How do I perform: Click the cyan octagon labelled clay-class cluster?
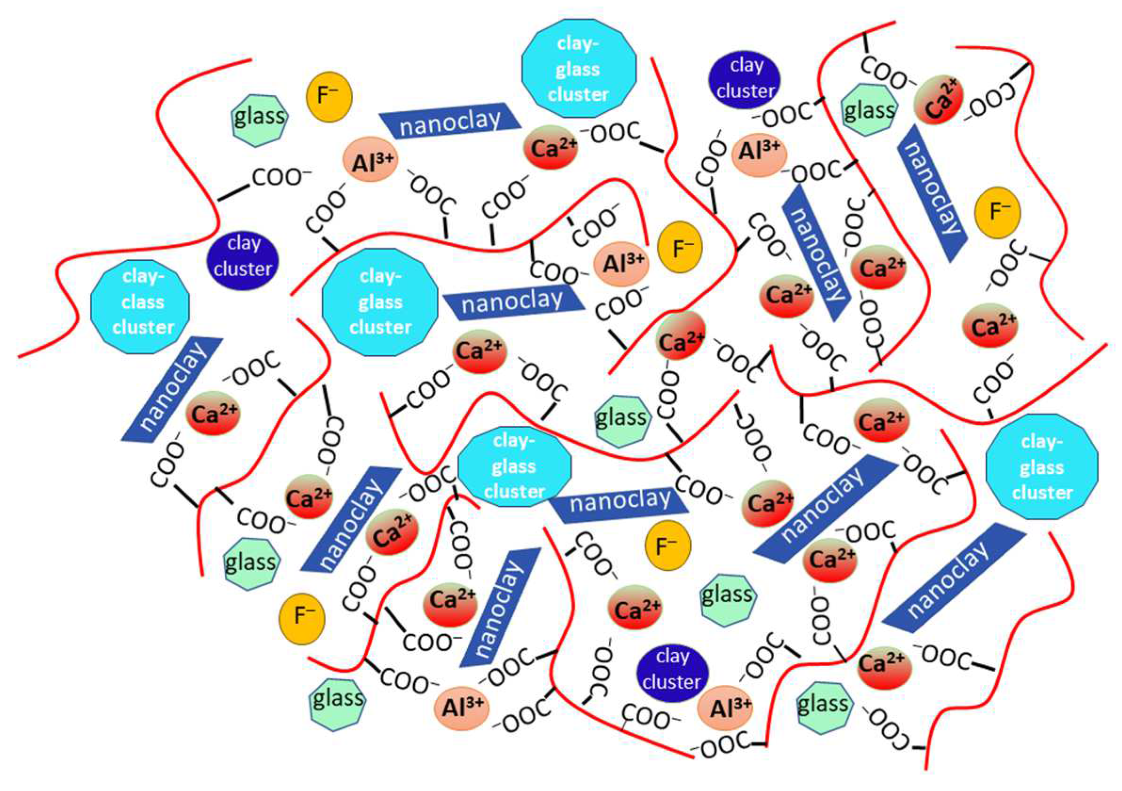(x=140, y=307)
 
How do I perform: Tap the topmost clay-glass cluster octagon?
(x=579, y=69)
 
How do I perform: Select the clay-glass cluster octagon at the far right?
(x=1042, y=467)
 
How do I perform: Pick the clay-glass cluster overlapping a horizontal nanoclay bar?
(x=514, y=467)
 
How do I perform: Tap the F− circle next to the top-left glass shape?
(x=329, y=97)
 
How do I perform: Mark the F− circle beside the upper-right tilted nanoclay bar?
(x=998, y=213)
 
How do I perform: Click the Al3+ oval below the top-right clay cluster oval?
(x=759, y=152)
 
